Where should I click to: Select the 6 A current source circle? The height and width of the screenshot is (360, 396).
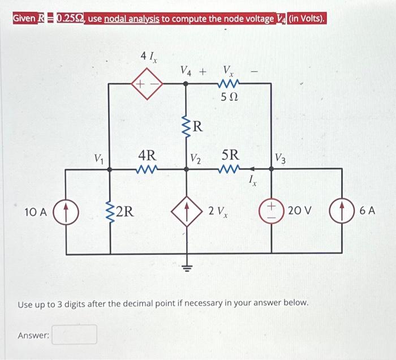pos(343,212)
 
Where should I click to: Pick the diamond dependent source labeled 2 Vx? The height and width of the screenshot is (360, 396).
pos(188,212)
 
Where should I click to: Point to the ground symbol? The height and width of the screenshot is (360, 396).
pos(188,265)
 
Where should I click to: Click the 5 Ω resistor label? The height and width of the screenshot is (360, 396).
pos(229,98)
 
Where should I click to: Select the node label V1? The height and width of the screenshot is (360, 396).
pos(100,156)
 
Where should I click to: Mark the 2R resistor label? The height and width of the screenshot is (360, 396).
pos(125,212)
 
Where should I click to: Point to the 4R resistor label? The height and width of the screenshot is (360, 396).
pos(148,155)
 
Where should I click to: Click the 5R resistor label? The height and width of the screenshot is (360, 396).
pos(230,155)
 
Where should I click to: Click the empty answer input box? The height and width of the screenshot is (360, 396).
pos(75,335)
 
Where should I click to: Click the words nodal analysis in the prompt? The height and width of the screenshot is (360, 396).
pos(132,19)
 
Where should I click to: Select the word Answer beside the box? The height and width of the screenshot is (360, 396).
pos(33,336)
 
